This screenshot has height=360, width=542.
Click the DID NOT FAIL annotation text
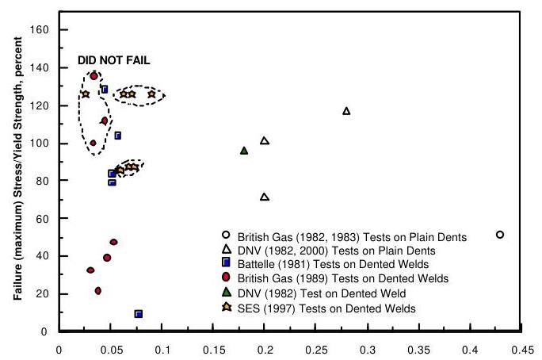[x=113, y=60]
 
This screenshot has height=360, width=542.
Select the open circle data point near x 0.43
[x=500, y=235]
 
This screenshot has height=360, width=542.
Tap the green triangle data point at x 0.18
[x=244, y=151]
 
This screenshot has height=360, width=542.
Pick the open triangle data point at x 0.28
[x=346, y=111]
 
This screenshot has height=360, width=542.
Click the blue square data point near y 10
[x=139, y=314]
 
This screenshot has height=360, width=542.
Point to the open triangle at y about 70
[x=265, y=197]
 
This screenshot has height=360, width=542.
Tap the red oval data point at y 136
[x=94, y=76]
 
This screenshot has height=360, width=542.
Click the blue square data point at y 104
[x=117, y=136]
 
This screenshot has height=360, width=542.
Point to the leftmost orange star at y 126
[x=86, y=94]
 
